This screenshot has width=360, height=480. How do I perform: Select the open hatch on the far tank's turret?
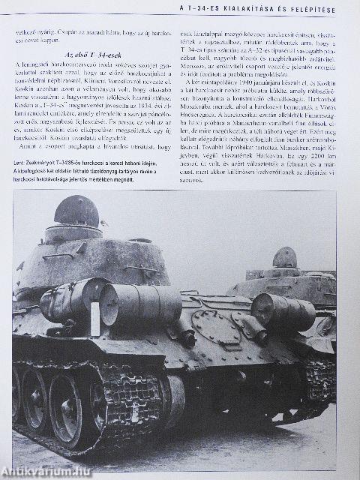tap(284, 257)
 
